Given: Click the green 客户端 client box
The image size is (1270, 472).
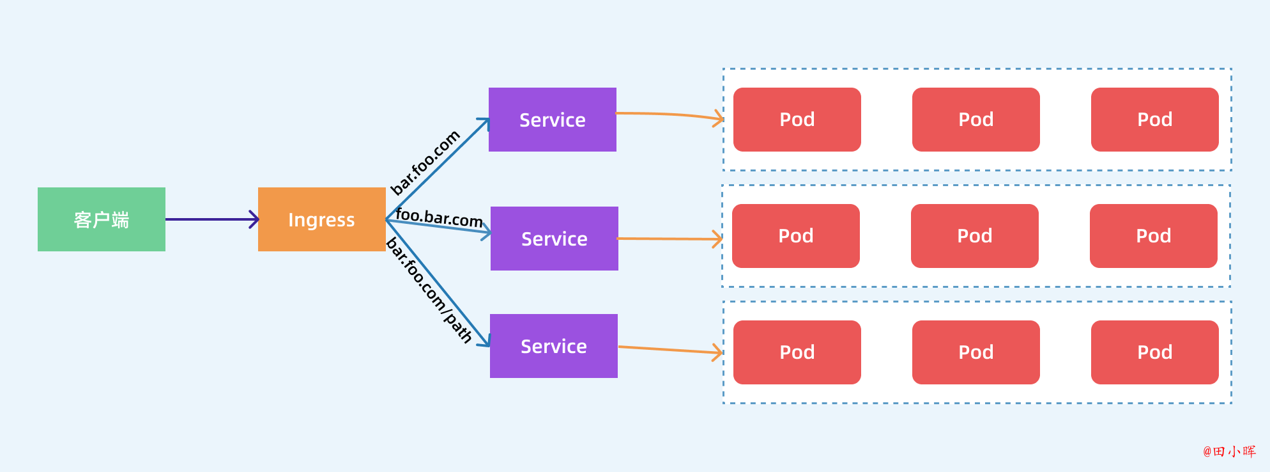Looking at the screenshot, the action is click(102, 219).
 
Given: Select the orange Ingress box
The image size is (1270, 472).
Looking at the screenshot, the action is click(322, 219).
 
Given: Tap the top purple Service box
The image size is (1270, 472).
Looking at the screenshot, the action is click(553, 120).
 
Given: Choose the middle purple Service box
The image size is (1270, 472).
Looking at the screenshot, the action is click(555, 239).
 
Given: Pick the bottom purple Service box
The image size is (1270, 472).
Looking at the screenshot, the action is click(554, 346).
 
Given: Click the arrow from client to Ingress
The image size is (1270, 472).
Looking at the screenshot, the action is click(212, 219).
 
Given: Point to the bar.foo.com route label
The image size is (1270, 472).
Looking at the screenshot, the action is click(425, 162).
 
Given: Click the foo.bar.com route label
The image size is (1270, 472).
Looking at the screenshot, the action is click(440, 217).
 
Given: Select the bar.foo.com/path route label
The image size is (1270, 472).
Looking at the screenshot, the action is click(429, 290).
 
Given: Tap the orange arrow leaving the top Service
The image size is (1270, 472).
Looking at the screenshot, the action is click(670, 114).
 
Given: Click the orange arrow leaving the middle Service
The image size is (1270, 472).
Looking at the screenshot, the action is click(670, 239).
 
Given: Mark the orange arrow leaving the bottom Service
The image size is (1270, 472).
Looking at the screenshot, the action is click(670, 350).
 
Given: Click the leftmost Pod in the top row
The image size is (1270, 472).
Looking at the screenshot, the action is click(797, 120).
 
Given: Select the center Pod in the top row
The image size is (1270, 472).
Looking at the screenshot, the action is click(976, 120).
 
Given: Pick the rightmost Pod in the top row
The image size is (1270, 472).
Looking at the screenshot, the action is click(1155, 120).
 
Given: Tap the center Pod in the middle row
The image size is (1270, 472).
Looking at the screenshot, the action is click(975, 236).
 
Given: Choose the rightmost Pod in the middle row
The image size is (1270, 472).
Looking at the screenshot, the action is click(1154, 236).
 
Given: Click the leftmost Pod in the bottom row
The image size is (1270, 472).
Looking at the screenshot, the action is click(797, 352).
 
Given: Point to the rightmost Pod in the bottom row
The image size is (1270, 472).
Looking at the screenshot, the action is click(1155, 352).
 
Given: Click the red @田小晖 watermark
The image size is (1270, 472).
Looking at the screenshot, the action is click(1230, 452).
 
